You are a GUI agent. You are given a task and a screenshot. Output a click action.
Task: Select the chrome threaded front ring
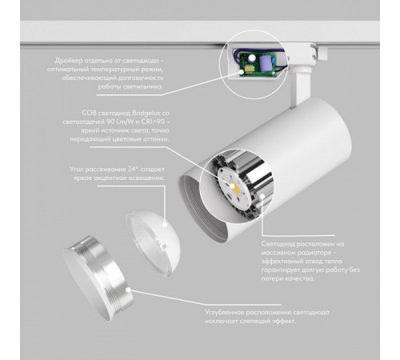(x=98, y=278)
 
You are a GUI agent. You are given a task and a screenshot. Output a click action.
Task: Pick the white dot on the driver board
(x=242, y=72)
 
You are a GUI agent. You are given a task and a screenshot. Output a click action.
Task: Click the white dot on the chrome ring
(x=128, y=290)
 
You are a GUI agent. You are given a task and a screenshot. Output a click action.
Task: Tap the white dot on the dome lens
(x=165, y=224)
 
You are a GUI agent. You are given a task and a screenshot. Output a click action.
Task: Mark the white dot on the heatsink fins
(x=262, y=197)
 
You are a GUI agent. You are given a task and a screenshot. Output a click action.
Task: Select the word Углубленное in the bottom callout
(x=224, y=313)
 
